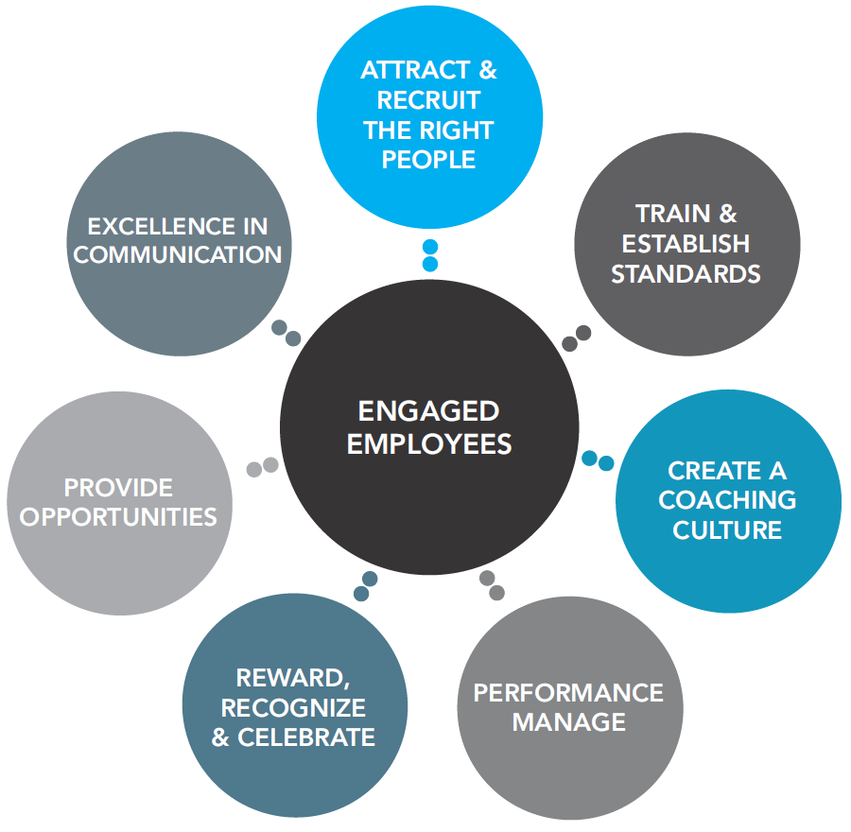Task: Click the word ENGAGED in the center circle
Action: pos(428,412)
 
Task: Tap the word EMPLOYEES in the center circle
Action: pos(428,443)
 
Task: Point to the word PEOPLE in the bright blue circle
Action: pos(428,160)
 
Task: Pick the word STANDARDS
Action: pos(686,274)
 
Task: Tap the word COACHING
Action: pos(727,499)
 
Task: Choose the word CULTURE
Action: pos(727,529)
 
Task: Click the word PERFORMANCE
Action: pos(568,692)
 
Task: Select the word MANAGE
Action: pos(568,722)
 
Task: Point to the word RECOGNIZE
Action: pos(293,707)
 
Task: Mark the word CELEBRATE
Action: pos(306,737)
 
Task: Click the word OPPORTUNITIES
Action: pos(118,517)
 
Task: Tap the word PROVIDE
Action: pos(118,487)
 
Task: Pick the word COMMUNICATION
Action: pos(177,255)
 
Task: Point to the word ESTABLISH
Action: pos(686,244)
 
